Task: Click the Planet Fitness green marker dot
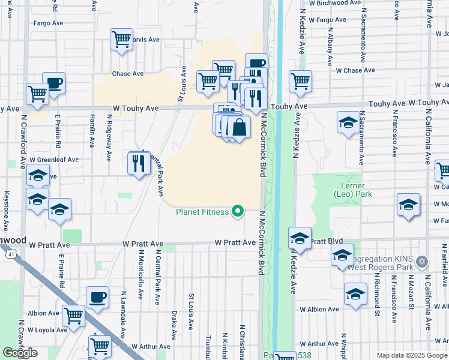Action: tap(238, 211)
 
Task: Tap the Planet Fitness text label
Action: tap(202, 211)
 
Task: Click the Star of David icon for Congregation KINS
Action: tap(422, 262)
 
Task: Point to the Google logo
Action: tap(20, 353)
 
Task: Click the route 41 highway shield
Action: tap(11, 254)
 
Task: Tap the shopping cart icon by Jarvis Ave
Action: tap(121, 40)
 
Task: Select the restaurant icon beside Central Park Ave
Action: tap(139, 163)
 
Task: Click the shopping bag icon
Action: tap(239, 128)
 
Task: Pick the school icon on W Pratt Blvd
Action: tap(300, 239)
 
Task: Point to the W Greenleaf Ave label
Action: tap(55, 160)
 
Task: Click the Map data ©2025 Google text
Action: tap(412, 355)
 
